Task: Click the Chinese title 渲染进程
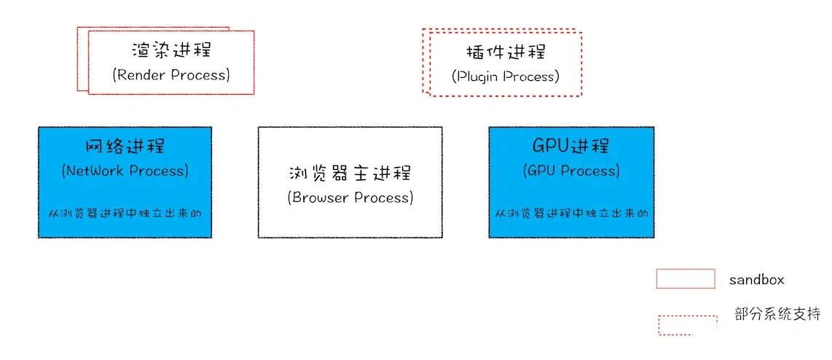(x=171, y=50)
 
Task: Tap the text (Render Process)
(x=171, y=75)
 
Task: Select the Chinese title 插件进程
(x=506, y=52)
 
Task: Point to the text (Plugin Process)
(x=506, y=77)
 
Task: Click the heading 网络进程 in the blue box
(x=125, y=147)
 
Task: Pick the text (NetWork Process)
(x=125, y=171)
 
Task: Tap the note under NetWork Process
(x=125, y=214)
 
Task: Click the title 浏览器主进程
(x=350, y=173)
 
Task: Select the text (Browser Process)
(x=350, y=198)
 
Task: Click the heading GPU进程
(x=571, y=146)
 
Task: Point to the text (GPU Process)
(x=571, y=171)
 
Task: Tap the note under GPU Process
(x=572, y=214)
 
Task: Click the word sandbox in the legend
(x=756, y=280)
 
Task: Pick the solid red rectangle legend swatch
(x=686, y=279)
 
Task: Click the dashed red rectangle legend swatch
(x=687, y=326)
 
